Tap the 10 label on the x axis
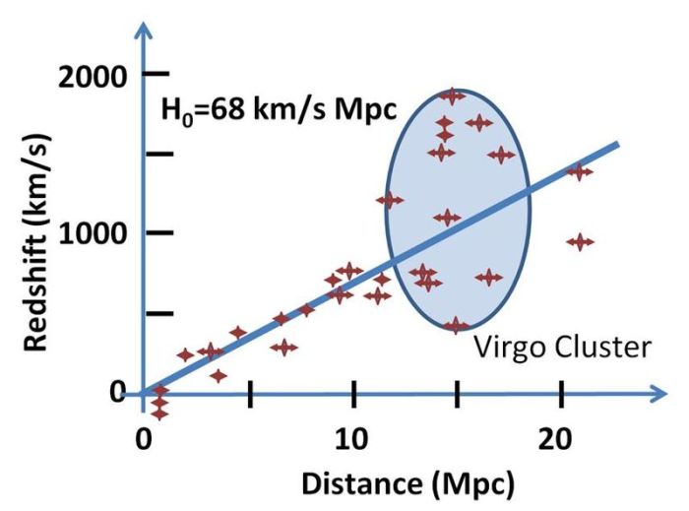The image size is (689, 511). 352,435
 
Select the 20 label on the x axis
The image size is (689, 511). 560,435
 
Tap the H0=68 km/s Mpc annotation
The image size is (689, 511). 279,109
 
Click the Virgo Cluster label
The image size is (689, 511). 563,348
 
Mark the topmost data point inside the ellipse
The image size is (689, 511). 452,96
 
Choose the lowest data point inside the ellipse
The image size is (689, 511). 456,325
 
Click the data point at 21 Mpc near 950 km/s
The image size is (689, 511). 581,241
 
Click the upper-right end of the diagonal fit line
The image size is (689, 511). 616,145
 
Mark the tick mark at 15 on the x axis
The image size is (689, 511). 457,394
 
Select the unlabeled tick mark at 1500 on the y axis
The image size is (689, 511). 159,154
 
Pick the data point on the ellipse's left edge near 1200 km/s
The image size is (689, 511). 390,200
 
